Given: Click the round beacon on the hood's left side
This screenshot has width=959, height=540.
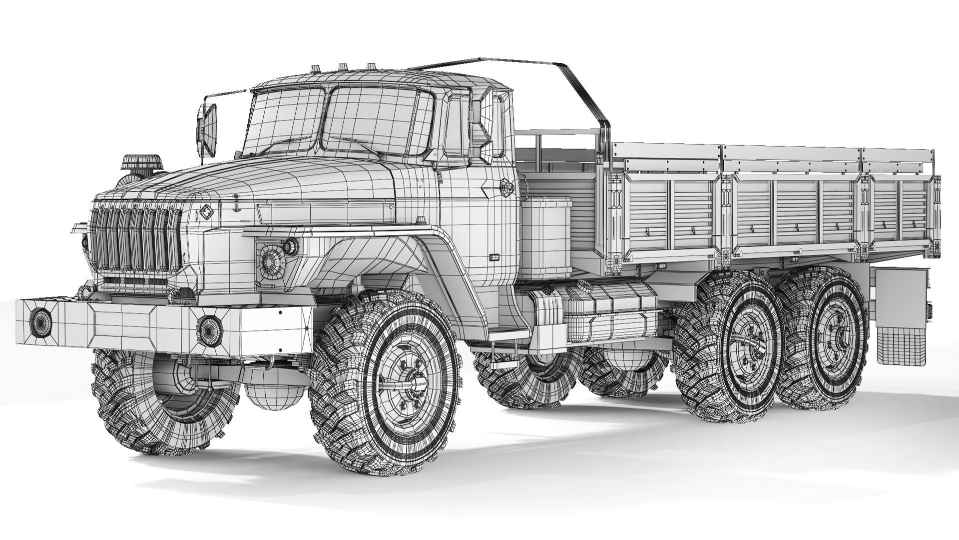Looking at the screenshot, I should [x=142, y=164].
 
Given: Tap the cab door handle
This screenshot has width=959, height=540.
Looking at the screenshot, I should [x=494, y=257].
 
